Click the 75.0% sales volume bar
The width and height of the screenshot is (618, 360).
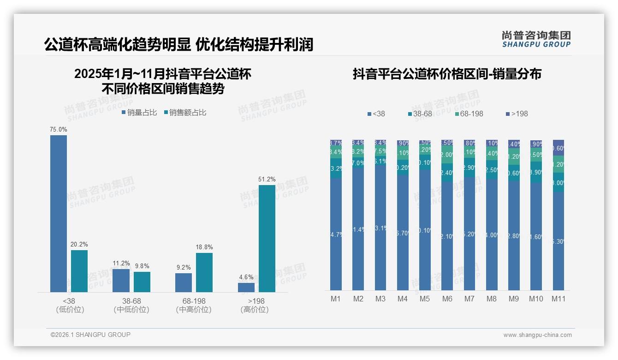pos(59,213)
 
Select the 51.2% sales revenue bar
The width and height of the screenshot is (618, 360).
pos(267,238)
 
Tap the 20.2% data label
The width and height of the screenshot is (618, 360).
pos(79,244)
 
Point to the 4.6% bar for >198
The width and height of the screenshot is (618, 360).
pos(246,287)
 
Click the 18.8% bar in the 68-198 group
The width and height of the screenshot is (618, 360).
pos(204,272)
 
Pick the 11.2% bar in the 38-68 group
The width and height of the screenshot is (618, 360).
pos(121,280)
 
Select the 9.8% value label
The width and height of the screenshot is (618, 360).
pos(142,266)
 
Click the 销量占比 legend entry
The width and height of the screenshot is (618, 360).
pos(139,113)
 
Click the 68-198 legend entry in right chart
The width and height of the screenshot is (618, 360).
pos(469,114)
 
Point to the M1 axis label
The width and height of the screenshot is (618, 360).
pos(336,299)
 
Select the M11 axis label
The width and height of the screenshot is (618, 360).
pos(559,299)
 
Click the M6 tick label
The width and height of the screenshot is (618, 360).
pos(447,299)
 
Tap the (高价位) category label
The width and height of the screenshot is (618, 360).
pos(254,310)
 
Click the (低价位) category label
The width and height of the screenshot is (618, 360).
pos(70,310)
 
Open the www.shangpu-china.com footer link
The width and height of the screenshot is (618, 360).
pos(537,335)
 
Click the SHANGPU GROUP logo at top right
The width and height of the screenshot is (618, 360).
pos(536,39)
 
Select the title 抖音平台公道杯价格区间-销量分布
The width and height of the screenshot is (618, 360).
pos(447,74)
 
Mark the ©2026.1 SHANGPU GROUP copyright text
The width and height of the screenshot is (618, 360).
pos(90,335)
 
